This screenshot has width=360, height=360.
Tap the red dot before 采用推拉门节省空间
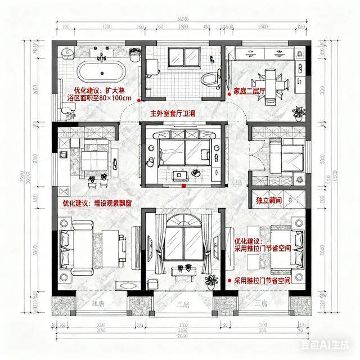[229, 280]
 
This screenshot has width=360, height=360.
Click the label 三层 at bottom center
[182, 304]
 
